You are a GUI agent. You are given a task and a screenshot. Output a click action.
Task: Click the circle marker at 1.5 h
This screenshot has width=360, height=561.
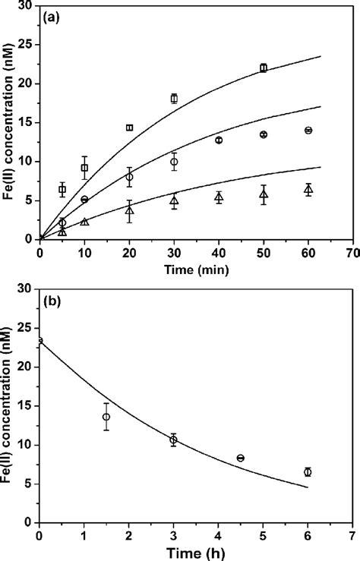coord(106,417)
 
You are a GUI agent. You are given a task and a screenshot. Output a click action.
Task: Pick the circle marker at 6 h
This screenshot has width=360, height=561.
coord(308,472)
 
